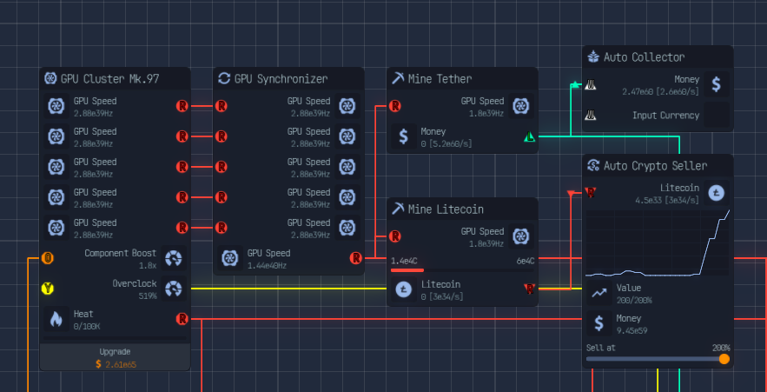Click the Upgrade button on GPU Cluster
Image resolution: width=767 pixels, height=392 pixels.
[x=115, y=357]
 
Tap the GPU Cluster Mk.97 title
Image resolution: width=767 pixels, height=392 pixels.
[x=109, y=79]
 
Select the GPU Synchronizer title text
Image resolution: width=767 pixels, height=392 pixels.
[x=281, y=79]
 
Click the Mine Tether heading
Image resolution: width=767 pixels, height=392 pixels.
[x=440, y=79]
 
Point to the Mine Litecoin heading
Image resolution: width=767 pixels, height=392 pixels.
[x=446, y=209]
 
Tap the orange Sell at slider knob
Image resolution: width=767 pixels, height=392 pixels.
[x=724, y=359]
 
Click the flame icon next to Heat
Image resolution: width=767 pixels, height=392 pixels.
[x=56, y=319]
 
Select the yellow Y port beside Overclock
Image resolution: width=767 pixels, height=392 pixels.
[x=48, y=289]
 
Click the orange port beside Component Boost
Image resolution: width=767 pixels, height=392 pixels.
[x=48, y=258]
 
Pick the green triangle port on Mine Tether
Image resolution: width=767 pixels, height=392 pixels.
[x=529, y=137]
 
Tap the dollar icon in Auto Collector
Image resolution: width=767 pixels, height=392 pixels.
[x=716, y=84]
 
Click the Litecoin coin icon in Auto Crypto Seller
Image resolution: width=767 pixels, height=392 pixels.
[x=717, y=193]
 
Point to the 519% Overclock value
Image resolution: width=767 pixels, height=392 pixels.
[x=148, y=296]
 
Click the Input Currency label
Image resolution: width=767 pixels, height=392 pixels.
[x=665, y=116]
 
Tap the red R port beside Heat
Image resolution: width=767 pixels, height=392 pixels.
[x=182, y=319]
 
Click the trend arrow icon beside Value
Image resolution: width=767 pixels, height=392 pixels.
[x=598, y=293]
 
